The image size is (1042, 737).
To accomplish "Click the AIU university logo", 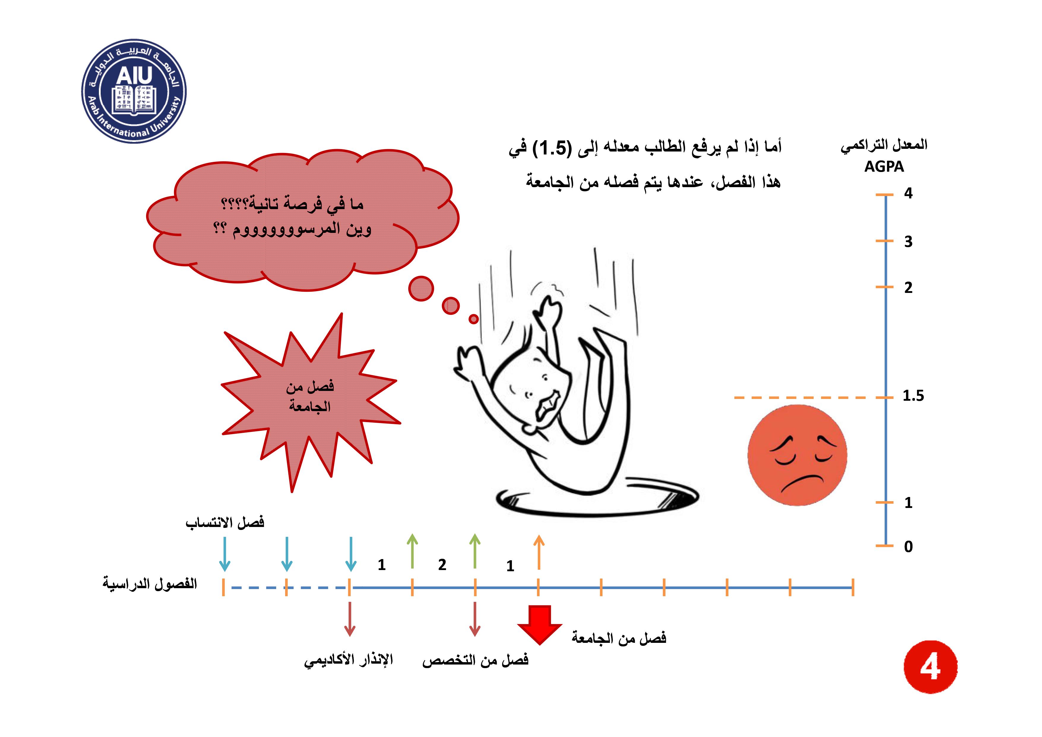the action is point(134,91).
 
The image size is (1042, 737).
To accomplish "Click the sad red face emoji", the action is point(797,455).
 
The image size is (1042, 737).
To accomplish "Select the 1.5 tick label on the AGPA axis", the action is point(913,396).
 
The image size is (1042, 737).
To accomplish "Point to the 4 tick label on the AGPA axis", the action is point(908,193).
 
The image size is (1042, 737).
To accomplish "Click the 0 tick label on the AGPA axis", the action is point(908,546).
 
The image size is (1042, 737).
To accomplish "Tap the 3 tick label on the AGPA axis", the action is point(908,242).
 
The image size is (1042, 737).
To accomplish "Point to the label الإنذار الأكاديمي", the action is point(349,660).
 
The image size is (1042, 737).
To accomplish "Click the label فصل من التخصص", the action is point(475,660).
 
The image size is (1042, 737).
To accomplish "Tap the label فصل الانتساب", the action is point(225,523).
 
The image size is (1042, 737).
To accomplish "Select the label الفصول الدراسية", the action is point(150,583).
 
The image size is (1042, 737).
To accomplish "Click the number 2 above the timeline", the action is point(442,564).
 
